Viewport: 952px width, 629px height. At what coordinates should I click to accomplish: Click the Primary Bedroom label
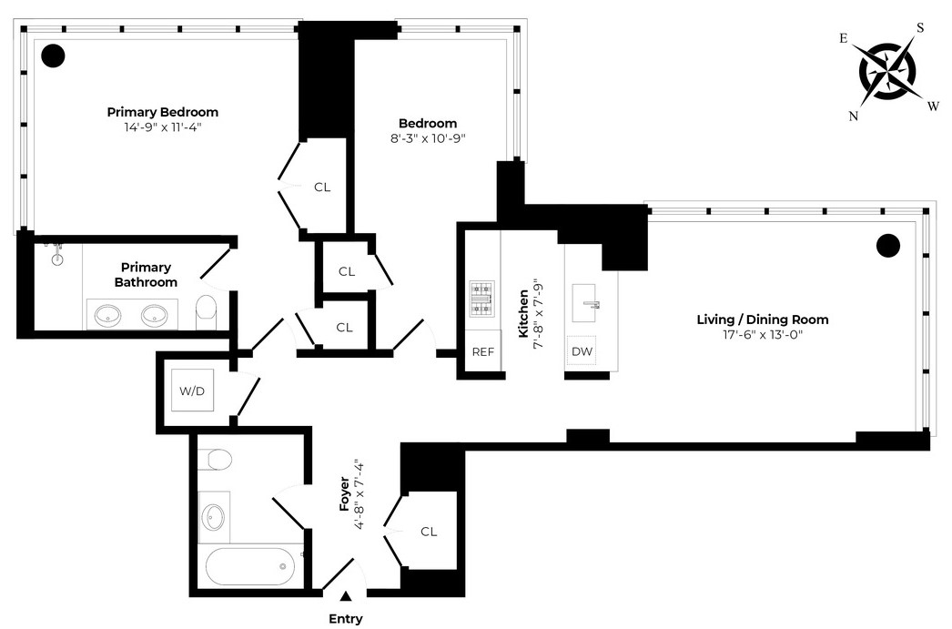pyautogui.click(x=163, y=112)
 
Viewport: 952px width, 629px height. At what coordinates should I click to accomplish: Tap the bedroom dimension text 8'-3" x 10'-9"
pyautogui.click(x=428, y=138)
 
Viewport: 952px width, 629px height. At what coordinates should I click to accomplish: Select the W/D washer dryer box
pyautogui.click(x=192, y=391)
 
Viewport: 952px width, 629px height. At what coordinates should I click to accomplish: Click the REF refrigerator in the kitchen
pyautogui.click(x=483, y=351)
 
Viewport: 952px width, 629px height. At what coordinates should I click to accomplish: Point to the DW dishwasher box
pyautogui.click(x=582, y=351)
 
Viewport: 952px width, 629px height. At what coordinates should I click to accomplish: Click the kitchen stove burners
pyautogui.click(x=482, y=299)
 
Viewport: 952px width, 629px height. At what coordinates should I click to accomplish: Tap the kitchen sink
pyautogui.click(x=584, y=303)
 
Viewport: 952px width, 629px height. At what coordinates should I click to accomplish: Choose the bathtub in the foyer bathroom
pyautogui.click(x=250, y=566)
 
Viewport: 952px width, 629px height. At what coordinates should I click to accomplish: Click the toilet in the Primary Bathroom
pyautogui.click(x=207, y=308)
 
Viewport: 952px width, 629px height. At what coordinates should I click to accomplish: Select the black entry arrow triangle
pyautogui.click(x=346, y=596)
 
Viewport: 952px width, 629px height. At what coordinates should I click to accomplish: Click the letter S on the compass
pyautogui.click(x=920, y=28)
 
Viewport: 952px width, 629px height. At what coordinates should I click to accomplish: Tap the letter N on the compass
pyautogui.click(x=854, y=116)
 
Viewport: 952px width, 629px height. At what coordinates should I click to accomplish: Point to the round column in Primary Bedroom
pyautogui.click(x=53, y=56)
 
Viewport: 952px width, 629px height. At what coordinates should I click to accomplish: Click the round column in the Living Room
pyautogui.click(x=888, y=246)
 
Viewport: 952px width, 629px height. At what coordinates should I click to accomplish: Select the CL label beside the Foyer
pyautogui.click(x=429, y=532)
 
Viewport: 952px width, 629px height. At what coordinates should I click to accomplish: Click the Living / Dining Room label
pyautogui.click(x=763, y=320)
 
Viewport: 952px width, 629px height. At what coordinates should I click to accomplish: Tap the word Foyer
pyautogui.click(x=344, y=493)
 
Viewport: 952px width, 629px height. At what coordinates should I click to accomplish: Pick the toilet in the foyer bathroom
pyautogui.click(x=215, y=459)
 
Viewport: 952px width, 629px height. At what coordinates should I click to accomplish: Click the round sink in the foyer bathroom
pyautogui.click(x=213, y=517)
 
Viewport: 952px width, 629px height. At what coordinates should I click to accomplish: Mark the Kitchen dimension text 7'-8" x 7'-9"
pyautogui.click(x=539, y=314)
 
